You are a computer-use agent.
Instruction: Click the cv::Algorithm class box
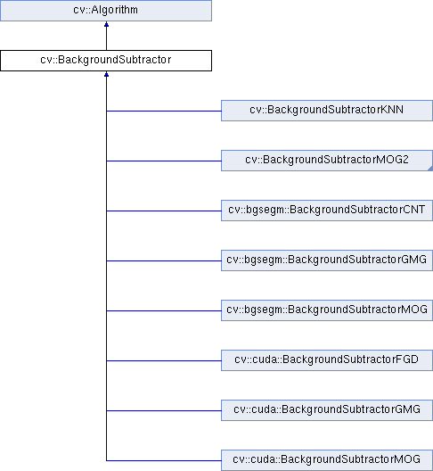106,11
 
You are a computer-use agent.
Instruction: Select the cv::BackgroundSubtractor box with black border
106,61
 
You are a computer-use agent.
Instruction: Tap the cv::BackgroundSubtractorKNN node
327,111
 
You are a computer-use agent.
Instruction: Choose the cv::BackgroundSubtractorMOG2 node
327,161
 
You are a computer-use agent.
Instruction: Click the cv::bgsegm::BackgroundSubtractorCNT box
327,211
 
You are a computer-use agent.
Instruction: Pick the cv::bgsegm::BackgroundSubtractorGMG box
327,260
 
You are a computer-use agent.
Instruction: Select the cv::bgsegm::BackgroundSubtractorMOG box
327,310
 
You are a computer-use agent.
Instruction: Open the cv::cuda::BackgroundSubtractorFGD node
327,360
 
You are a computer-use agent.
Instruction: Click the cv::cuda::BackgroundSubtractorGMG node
327,410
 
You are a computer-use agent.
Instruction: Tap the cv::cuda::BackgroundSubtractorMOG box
327,460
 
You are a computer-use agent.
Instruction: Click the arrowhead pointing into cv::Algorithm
106,24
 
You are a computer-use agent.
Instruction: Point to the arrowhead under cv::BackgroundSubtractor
106,74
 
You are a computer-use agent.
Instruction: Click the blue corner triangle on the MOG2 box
430,169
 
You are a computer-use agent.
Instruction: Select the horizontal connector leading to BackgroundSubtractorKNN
164,111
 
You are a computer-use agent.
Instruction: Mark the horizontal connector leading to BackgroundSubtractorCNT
164,211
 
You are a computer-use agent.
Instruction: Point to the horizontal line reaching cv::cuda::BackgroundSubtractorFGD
164,360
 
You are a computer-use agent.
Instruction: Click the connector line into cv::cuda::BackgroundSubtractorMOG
164,460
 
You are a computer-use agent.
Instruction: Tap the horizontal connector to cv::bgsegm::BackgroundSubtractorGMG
164,260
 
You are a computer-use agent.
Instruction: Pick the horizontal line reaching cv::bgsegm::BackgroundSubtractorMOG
164,311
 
